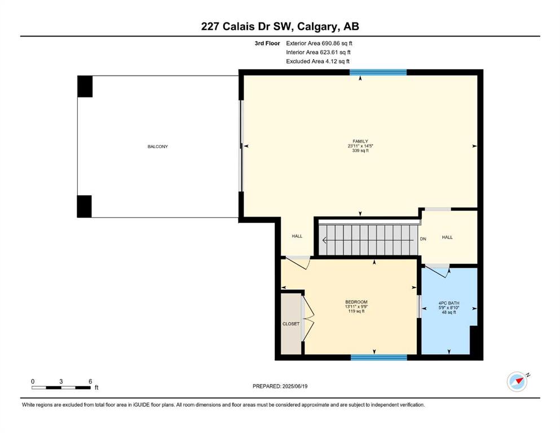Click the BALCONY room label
click(x=157, y=147)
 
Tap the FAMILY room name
click(x=360, y=142)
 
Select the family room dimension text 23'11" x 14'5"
click(x=360, y=146)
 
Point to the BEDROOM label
click(x=356, y=302)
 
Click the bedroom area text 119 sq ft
click(x=356, y=311)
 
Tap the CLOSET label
click(x=290, y=324)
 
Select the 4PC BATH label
click(x=449, y=303)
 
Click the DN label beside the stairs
click(x=423, y=239)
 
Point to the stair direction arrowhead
click(x=324, y=240)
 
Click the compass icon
click(x=518, y=381)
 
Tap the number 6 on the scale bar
click(x=90, y=381)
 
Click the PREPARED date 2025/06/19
click(x=294, y=386)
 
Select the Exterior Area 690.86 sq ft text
click(x=319, y=43)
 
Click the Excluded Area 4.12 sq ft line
click(x=318, y=61)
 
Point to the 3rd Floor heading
click(x=267, y=43)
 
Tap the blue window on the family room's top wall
click(x=378, y=72)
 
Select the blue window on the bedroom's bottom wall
click(x=379, y=357)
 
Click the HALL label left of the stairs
click(x=297, y=236)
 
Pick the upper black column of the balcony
click(x=85, y=86)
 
